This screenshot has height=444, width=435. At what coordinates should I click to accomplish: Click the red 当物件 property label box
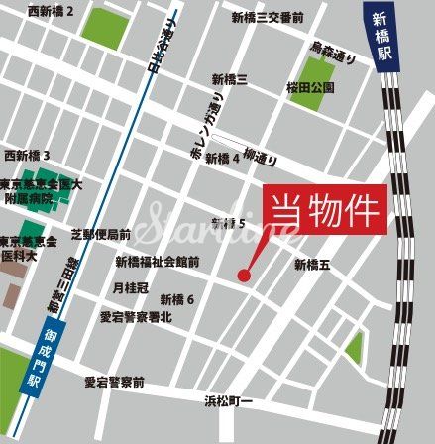326,210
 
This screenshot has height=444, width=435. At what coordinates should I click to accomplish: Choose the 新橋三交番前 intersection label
268,17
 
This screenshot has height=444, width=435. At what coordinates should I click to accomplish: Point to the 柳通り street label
260,157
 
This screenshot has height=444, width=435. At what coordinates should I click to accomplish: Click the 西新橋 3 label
27,156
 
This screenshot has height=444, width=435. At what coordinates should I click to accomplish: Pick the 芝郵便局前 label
101,235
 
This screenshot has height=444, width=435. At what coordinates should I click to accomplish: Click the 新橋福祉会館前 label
158,263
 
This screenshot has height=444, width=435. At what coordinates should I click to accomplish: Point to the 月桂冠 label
130,287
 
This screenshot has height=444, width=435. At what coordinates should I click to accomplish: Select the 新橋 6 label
177,299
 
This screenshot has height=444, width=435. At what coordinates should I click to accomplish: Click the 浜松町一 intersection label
229,401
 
